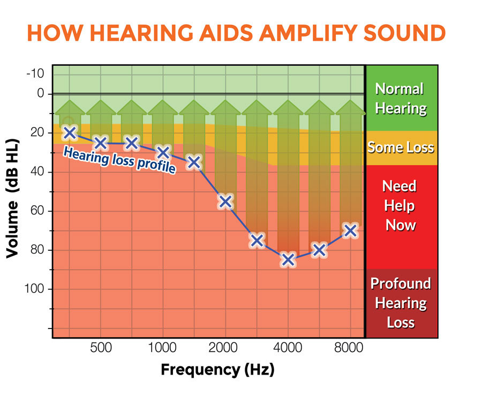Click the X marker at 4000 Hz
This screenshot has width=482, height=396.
coord(288,260)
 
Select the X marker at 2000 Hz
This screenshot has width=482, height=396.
coord(225,201)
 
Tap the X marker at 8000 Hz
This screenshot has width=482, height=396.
coord(350,230)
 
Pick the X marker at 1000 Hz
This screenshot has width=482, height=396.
coord(163,152)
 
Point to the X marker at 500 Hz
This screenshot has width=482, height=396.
coord(100,143)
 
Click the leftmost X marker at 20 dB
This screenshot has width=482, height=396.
coord(70,132)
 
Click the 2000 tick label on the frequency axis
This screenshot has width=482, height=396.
coord(225,347)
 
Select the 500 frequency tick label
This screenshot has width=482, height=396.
coord(101,347)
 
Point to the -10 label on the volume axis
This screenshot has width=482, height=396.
coord(35,73)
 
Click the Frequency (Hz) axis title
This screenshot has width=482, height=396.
coord(217,370)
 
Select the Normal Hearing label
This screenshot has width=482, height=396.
coord(401,99)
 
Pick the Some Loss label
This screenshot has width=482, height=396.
coord(401,147)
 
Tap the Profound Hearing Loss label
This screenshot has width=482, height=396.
coord(401,303)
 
